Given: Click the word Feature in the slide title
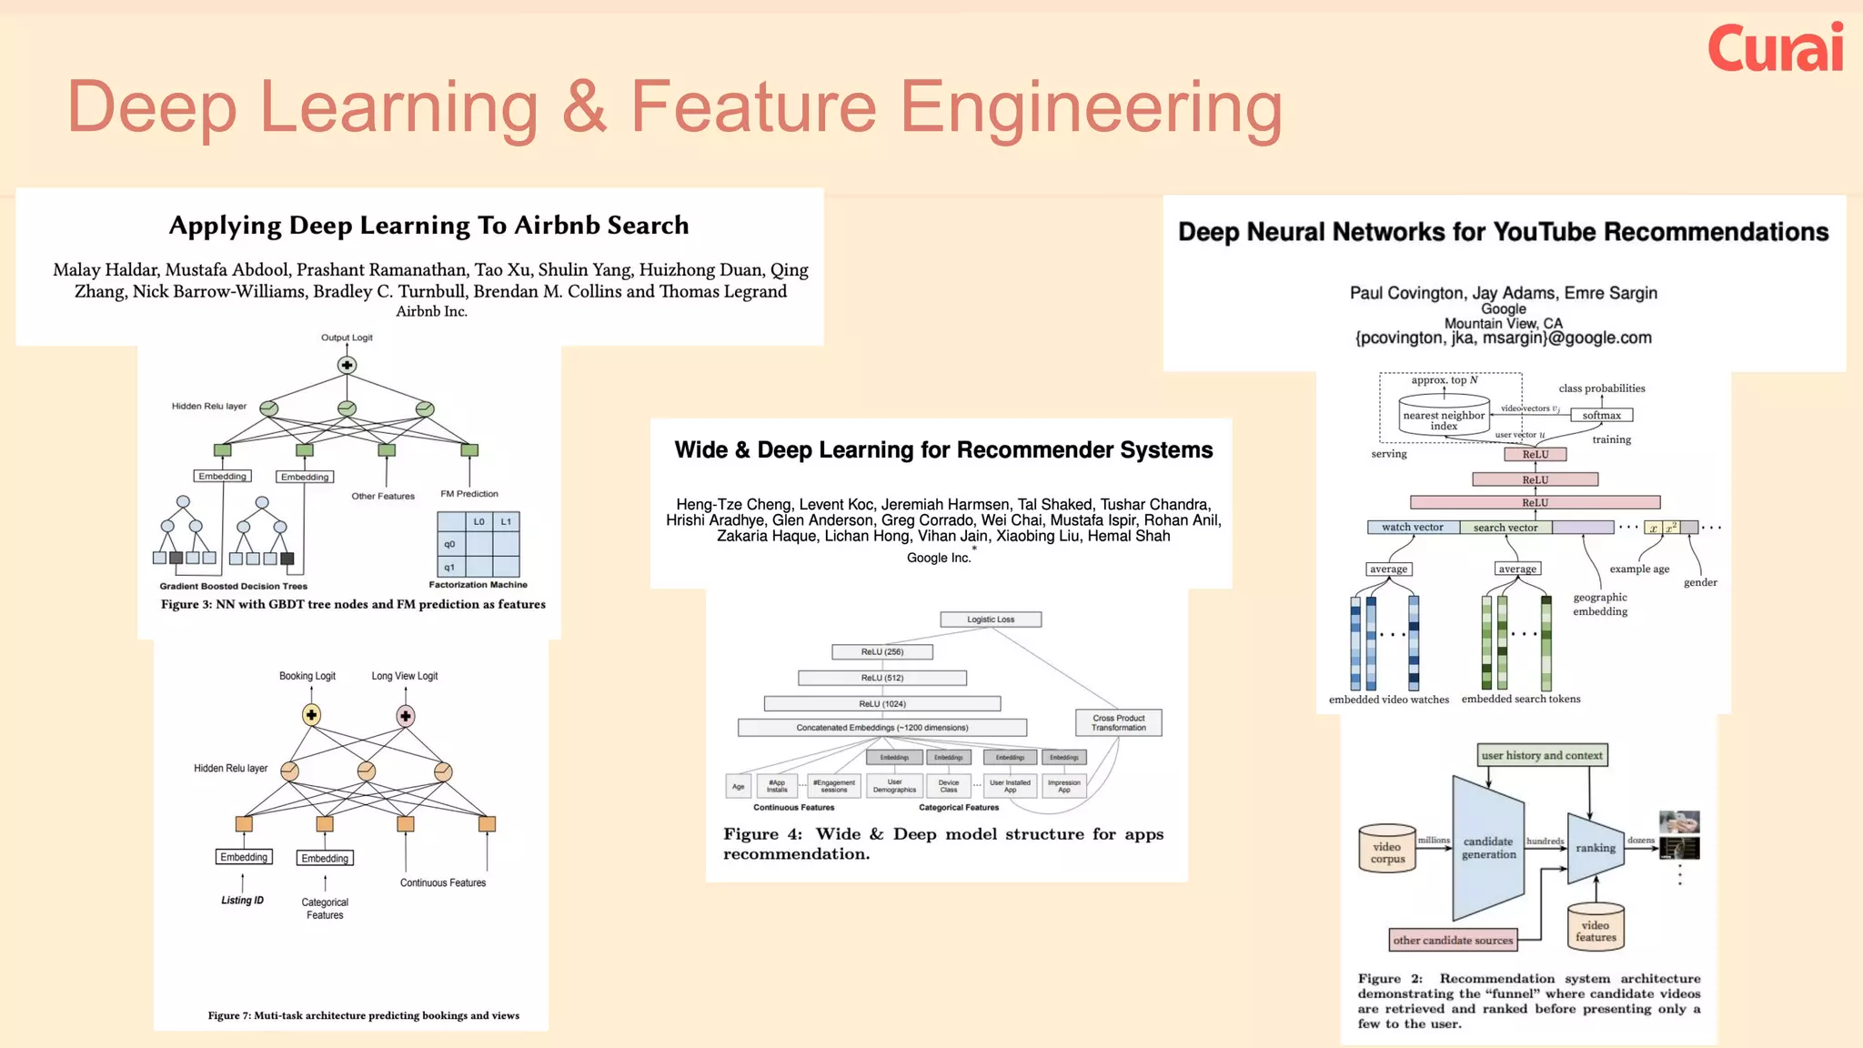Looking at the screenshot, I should click(x=753, y=107).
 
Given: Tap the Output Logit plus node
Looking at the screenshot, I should click(x=347, y=365).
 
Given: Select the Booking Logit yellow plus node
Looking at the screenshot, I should click(x=311, y=715).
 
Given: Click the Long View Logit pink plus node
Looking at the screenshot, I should click(x=406, y=716).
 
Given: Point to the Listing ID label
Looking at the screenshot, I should click(x=242, y=901).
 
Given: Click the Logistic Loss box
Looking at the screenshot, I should click(x=991, y=620).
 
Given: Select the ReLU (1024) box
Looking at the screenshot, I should click(x=882, y=704).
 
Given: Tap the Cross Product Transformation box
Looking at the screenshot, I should click(x=1118, y=723).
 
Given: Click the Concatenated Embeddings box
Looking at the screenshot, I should click(x=882, y=728).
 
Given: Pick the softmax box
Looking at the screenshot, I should click(x=1601, y=416).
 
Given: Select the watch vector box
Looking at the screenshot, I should click(x=1413, y=528).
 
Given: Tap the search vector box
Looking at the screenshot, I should click(x=1506, y=528).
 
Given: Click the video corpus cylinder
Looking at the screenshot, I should click(x=1387, y=851).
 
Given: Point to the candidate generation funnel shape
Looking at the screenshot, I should click(x=1488, y=848).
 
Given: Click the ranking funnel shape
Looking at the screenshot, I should click(x=1596, y=848).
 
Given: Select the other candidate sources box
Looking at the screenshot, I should click(x=1453, y=941).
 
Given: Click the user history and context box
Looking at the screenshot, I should click(x=1542, y=755).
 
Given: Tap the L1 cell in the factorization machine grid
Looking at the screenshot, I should click(x=506, y=522).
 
